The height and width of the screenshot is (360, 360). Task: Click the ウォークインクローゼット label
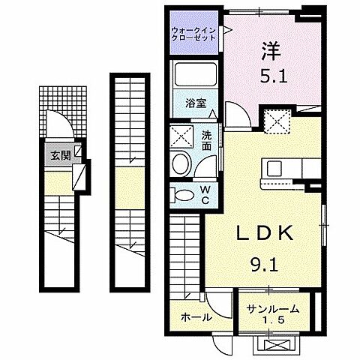click(x=193, y=34)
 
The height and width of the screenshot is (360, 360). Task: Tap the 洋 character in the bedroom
click(x=271, y=52)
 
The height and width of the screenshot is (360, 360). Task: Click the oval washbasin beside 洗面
click(x=181, y=164)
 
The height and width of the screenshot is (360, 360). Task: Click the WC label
click(x=205, y=194)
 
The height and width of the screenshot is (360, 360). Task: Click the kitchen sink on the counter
click(x=271, y=166)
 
